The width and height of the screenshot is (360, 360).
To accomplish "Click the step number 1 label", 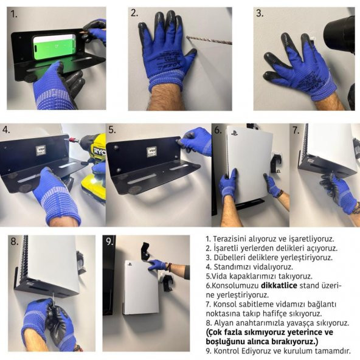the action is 14,14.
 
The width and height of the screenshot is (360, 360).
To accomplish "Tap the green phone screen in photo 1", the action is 55,47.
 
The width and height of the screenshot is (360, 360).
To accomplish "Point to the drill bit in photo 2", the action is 209,40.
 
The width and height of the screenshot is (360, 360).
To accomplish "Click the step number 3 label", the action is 260,13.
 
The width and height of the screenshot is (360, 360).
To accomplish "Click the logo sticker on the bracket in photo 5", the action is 151,152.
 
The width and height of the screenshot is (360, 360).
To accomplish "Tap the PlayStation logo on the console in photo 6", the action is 234,133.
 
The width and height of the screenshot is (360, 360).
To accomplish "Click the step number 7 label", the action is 296,130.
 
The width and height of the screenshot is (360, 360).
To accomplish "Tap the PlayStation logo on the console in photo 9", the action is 130,265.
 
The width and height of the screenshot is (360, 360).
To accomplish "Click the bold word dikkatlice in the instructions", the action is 279,285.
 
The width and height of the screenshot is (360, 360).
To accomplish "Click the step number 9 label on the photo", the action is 109,241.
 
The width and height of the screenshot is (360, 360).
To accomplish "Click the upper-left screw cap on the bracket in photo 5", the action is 116,147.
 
